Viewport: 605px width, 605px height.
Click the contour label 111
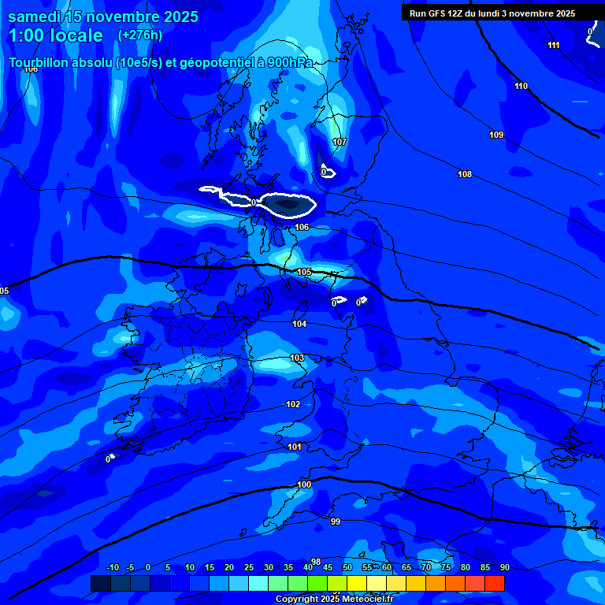coord(554,45)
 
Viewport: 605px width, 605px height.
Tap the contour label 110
coord(521,86)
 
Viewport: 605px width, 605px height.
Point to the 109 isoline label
coord(496,135)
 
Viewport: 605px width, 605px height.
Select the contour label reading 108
coord(465,174)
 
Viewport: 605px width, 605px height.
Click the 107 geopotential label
coord(340,143)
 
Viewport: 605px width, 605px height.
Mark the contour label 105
coord(304,272)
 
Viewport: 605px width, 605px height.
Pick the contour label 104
coord(299,324)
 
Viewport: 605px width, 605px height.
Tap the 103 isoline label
coord(297,358)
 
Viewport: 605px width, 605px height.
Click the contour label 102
coord(293,404)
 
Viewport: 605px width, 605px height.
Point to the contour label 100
coord(304,484)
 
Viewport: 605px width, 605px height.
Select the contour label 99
coord(336,521)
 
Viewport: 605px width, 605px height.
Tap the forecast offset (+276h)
coord(140,35)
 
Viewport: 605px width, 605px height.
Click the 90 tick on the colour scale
coord(504,567)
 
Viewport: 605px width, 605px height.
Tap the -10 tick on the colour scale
coord(113,567)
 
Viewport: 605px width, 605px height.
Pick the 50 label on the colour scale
coord(347,567)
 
